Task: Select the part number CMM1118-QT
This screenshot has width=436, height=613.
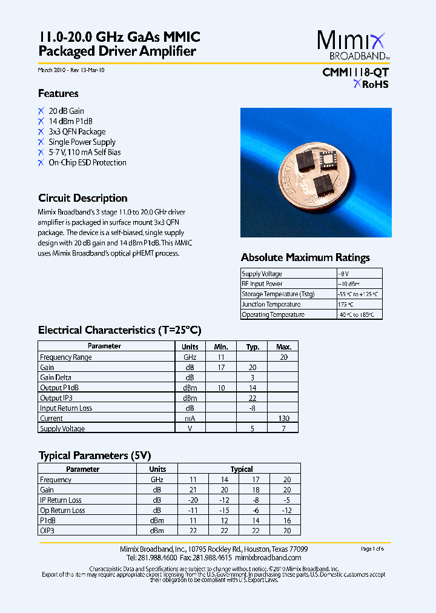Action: tap(355, 73)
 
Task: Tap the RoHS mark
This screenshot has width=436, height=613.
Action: tap(371, 85)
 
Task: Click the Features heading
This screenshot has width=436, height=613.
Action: tap(58, 93)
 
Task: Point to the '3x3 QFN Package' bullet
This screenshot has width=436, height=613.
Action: tap(77, 131)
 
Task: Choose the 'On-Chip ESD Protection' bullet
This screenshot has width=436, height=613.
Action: tap(87, 162)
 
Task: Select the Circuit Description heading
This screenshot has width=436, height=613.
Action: tap(82, 198)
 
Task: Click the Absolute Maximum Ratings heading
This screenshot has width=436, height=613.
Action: tap(305, 257)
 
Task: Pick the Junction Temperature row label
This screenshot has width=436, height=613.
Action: tap(271, 304)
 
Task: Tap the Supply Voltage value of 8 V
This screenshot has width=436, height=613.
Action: tap(344, 274)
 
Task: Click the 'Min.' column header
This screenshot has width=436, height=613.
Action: tap(221, 346)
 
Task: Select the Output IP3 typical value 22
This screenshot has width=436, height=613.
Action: tap(253, 398)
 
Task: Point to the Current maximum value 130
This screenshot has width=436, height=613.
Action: tap(283, 419)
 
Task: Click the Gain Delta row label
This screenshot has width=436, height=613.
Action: tap(56, 377)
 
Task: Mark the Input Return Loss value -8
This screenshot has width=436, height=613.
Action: tap(253, 408)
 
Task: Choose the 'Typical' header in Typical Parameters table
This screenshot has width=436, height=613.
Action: tap(242, 469)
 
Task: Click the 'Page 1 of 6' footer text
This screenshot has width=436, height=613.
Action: tap(372, 549)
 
